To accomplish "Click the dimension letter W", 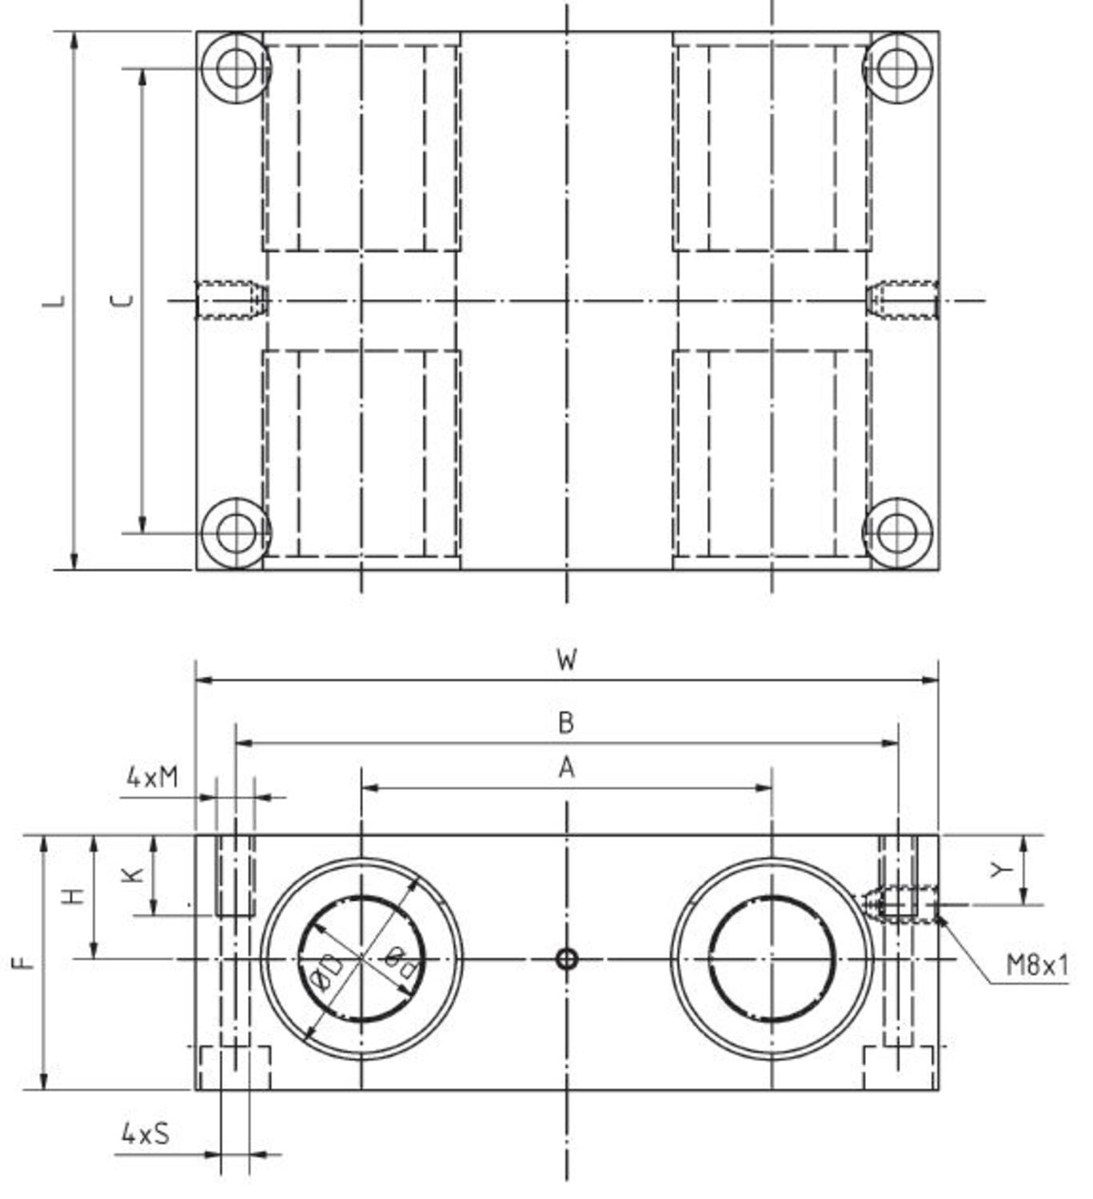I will click(566, 660).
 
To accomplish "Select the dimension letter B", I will click(566, 723).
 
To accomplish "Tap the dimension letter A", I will click(566, 768).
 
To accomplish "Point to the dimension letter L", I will click(54, 301).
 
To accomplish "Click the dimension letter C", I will click(122, 301).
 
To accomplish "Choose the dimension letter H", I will click(74, 895).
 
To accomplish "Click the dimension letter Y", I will click(1000, 870).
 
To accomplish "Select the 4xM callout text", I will click(152, 777).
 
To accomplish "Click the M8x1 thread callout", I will click(1036, 966).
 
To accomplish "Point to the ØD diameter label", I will click(326, 971).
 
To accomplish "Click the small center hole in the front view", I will click(566, 958).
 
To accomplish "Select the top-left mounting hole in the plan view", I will click(236, 68).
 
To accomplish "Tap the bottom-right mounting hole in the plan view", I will click(898, 532).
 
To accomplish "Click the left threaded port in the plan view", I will click(230, 301).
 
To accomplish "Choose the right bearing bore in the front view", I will click(772, 958).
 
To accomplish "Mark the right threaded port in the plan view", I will click(904, 301).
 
